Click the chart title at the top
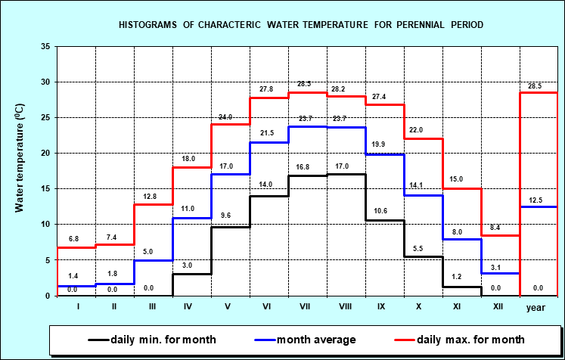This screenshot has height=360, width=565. pos(301,25)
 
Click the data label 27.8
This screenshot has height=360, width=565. pos(265,89)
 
